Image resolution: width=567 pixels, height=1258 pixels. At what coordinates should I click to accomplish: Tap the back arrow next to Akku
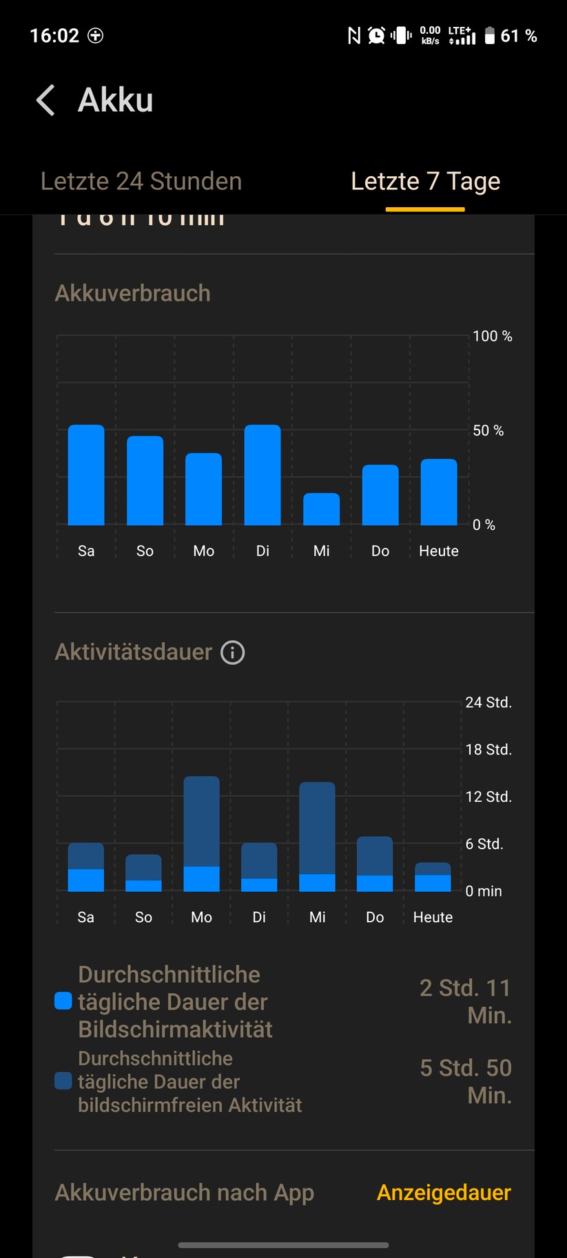45,100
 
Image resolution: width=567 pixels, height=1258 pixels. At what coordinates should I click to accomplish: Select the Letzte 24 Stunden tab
141,181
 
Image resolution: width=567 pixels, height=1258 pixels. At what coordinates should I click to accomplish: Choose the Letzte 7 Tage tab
425,181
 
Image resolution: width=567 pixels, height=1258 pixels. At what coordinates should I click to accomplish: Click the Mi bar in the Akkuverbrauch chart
321,509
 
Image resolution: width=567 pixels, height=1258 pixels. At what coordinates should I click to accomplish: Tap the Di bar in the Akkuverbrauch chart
262,475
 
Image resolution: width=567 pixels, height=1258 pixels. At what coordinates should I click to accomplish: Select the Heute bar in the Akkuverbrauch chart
439,492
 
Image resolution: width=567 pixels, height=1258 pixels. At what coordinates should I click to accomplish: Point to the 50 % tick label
488,431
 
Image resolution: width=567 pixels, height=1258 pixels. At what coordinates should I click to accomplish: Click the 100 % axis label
492,337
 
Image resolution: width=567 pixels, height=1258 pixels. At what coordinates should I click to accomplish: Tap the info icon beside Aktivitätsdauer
232,652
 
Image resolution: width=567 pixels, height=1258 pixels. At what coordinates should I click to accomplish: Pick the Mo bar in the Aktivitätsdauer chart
201,834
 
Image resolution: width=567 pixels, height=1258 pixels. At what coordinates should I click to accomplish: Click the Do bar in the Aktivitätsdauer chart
375,864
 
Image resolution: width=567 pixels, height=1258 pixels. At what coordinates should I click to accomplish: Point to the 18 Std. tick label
488,749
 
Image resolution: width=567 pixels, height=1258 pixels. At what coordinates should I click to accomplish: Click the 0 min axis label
484,891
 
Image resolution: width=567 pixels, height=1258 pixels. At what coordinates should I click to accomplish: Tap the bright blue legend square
63,1001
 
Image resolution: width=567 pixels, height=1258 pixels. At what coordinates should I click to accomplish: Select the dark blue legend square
63,1081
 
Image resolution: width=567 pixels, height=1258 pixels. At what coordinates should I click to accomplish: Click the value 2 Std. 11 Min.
466,1001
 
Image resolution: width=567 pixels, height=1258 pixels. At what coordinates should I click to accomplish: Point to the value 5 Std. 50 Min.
466,1081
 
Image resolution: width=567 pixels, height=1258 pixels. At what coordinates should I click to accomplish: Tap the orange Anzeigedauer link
444,1193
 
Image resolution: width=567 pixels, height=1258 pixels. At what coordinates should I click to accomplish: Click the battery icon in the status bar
489,36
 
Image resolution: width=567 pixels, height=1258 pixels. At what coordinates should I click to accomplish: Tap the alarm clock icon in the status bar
376,36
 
